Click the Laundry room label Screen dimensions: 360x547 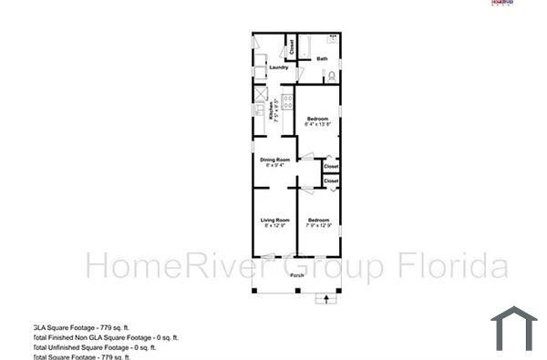(x=279, y=67)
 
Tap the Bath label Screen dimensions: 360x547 (x=322, y=59)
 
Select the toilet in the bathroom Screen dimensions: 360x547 (x=332, y=75)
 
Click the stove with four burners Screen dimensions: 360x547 (x=286, y=101)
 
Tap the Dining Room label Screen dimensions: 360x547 (x=274, y=159)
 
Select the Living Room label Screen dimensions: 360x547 (x=274, y=220)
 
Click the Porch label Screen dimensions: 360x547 (x=297, y=275)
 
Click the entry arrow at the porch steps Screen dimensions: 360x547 (x=324, y=299)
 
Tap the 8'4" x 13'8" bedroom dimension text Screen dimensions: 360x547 (x=317, y=125)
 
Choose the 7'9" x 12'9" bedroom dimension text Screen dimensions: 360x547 (x=318, y=225)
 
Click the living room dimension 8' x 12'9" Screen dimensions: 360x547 (x=274, y=225)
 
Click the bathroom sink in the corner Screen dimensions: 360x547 (x=333, y=39)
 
